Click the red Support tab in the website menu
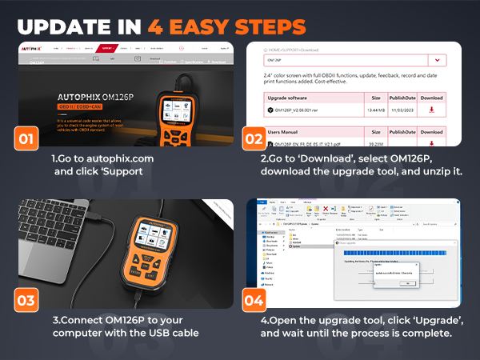(x=110, y=48)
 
